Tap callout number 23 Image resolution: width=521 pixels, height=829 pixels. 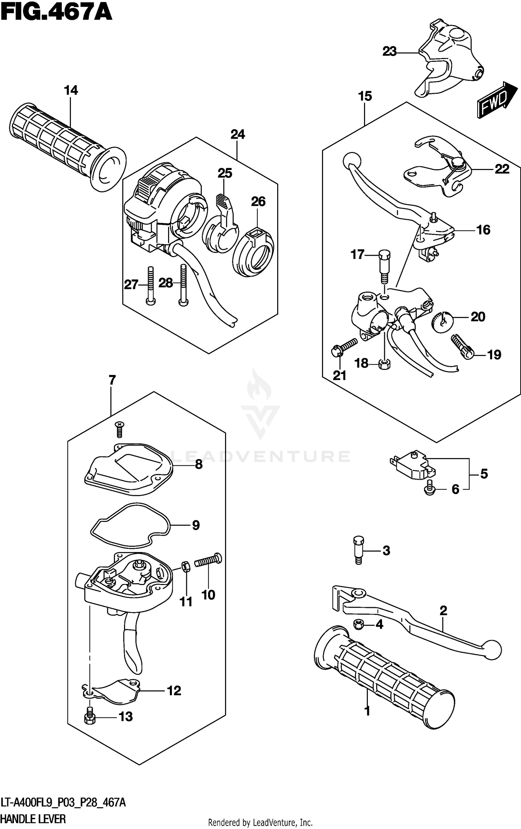click(x=389, y=52)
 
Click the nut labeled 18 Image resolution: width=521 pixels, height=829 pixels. click(x=384, y=364)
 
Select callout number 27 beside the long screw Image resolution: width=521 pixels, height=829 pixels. click(x=131, y=285)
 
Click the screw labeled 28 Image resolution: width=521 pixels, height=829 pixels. click(x=183, y=285)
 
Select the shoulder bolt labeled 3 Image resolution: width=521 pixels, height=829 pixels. click(x=359, y=554)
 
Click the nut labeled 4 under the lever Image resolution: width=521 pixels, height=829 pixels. click(x=358, y=625)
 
